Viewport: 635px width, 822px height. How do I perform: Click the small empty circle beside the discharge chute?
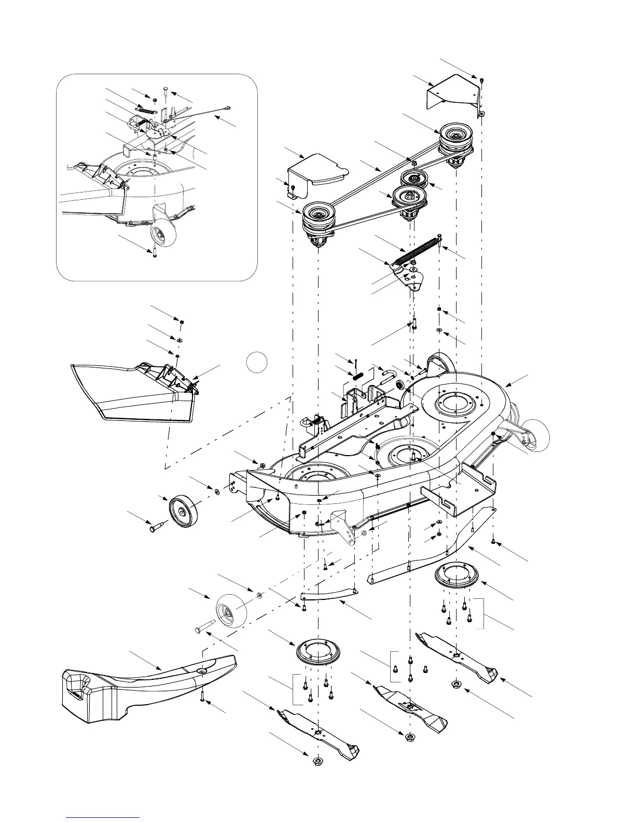click(256, 362)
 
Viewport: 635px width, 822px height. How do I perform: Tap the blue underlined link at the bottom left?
click(103, 818)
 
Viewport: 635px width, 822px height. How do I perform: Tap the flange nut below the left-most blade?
click(316, 761)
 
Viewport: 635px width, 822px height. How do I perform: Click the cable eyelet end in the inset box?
click(227, 108)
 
